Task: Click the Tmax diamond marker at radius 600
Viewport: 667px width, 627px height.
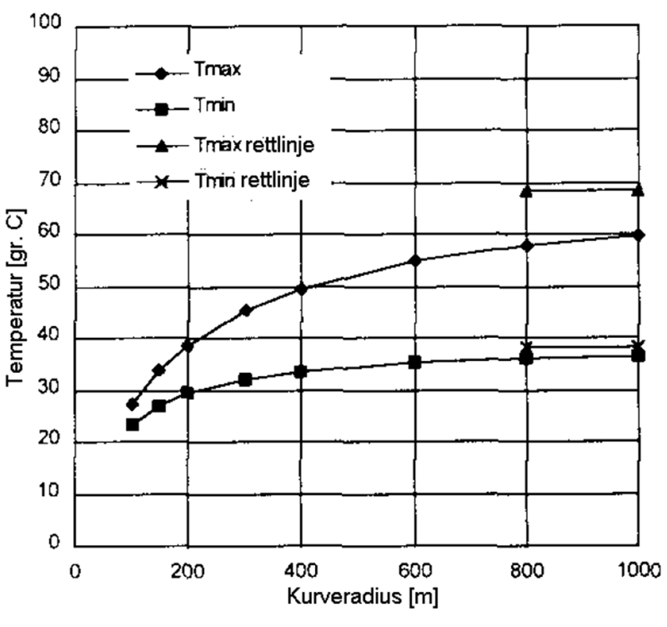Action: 415,261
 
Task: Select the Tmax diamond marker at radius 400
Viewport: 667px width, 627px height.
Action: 301,288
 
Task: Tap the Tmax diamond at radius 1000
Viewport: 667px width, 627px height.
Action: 638,235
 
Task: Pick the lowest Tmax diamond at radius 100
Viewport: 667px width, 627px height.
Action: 133,404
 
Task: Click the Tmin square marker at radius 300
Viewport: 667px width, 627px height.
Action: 245,379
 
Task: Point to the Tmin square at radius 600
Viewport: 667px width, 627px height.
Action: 415,362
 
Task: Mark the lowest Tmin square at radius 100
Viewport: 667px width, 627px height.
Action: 133,425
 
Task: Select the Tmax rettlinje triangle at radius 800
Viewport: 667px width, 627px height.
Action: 527,192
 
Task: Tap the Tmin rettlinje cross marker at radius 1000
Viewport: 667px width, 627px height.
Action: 638,346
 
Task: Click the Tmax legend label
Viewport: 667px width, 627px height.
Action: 217,69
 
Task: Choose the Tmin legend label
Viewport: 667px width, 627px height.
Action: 215,105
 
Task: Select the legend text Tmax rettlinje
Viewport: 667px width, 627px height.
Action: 253,145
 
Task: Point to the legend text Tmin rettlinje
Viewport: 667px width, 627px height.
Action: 252,181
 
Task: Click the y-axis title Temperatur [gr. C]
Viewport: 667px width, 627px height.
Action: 16,297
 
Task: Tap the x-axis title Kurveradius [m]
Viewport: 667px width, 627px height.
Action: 362,597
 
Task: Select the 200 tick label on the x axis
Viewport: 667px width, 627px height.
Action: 188,571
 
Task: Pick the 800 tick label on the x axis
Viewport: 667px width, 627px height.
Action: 527,571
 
